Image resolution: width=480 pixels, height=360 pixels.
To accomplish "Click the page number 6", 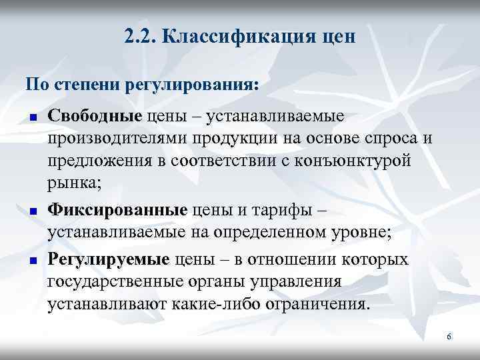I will coord(449,337).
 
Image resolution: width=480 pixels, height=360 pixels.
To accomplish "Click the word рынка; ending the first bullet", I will coord(71,184).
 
